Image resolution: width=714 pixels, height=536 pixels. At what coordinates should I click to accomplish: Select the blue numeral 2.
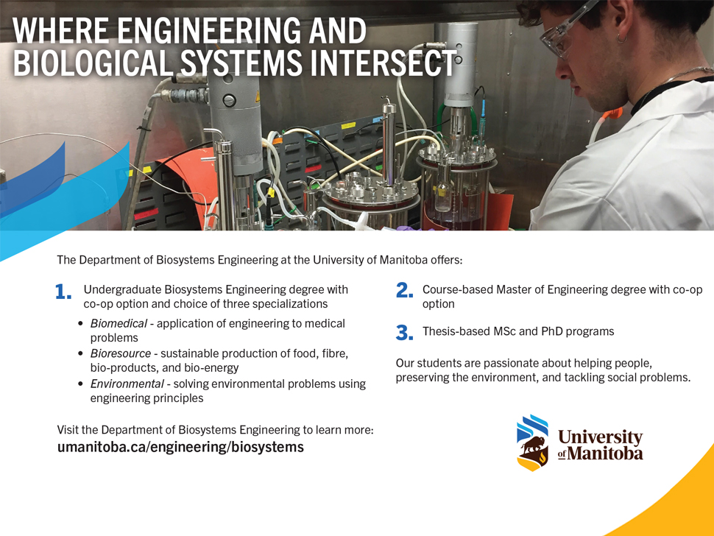405,291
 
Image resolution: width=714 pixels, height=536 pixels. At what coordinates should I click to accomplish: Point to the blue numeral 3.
405,333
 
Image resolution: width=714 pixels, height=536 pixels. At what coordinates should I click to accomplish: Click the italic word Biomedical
119,323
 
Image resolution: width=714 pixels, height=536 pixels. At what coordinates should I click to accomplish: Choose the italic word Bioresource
120,353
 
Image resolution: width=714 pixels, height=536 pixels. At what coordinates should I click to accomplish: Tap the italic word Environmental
127,384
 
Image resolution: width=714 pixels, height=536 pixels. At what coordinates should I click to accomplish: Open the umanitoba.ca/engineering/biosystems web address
180,447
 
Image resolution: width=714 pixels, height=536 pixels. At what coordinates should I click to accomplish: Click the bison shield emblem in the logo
532,442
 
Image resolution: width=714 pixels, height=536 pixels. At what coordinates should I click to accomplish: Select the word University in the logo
600,437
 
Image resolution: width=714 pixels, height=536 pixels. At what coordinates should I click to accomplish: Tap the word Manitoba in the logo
605,454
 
